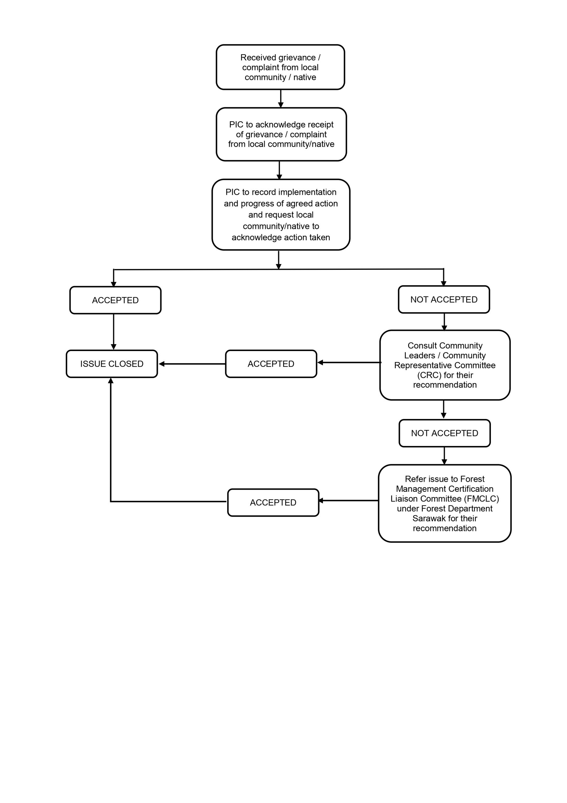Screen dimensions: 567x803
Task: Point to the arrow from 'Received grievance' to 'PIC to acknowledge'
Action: point(281,98)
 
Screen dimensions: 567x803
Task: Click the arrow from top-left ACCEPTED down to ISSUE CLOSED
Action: point(113,332)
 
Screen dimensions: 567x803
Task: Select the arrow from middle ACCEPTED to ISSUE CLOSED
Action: point(192,364)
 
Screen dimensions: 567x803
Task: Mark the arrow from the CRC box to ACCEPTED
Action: point(349,362)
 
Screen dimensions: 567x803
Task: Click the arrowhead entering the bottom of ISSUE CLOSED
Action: point(111,380)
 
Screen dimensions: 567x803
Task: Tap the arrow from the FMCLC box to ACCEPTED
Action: point(349,501)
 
